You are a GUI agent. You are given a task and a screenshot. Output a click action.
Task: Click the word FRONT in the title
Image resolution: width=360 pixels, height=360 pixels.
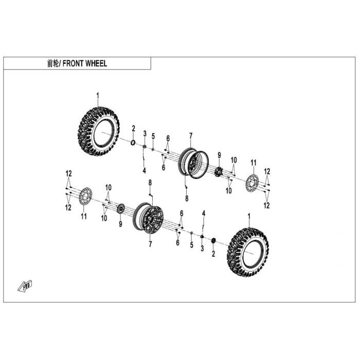pyautogui.click(x=73, y=63)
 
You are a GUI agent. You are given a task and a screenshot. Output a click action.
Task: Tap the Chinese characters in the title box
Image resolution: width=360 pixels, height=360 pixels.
pyautogui.click(x=53, y=63)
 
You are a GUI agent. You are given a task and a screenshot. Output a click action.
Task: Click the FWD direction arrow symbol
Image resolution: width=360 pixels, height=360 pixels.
pyautogui.click(x=25, y=286)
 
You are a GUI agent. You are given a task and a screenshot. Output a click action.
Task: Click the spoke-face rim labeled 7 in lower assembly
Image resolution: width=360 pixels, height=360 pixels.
pyautogui.click(x=148, y=218)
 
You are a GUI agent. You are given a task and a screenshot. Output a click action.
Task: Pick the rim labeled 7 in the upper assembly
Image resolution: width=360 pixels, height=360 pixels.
pyautogui.click(x=193, y=163)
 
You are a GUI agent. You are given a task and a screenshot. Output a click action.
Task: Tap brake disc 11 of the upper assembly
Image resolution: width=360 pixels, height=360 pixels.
pyautogui.click(x=252, y=184)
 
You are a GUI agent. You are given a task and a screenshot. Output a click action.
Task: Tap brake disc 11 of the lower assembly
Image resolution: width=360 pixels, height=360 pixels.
pyautogui.click(x=85, y=197)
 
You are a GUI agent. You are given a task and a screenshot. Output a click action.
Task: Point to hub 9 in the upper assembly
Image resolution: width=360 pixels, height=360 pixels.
pyautogui.click(x=219, y=171)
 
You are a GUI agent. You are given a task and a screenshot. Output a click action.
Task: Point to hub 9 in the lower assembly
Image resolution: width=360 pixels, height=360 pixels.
pyautogui.click(x=120, y=209)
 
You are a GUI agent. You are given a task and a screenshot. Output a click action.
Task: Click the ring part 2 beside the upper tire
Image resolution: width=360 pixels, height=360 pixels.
pyautogui.click(x=133, y=143)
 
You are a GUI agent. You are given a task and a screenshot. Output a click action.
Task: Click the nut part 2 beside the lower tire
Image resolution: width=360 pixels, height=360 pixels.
pyautogui.click(x=213, y=241)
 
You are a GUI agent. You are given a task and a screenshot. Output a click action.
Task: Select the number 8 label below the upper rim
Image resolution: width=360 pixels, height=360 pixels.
pyautogui.click(x=187, y=199)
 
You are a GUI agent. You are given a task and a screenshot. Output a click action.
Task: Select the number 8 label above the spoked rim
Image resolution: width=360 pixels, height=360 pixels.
pyautogui.click(x=150, y=183)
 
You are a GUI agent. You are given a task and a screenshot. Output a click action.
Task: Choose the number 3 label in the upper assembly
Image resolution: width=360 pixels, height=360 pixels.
pyautogui.click(x=145, y=133)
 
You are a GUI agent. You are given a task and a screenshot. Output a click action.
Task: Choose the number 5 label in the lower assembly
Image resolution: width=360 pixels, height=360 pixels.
pyautogui.click(x=192, y=245)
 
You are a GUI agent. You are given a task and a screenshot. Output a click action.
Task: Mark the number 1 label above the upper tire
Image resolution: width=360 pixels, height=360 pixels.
pyautogui.click(x=98, y=96)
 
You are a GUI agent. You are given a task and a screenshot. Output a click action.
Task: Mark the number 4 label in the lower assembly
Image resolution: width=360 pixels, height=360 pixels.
pyautogui.click(x=204, y=213)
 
